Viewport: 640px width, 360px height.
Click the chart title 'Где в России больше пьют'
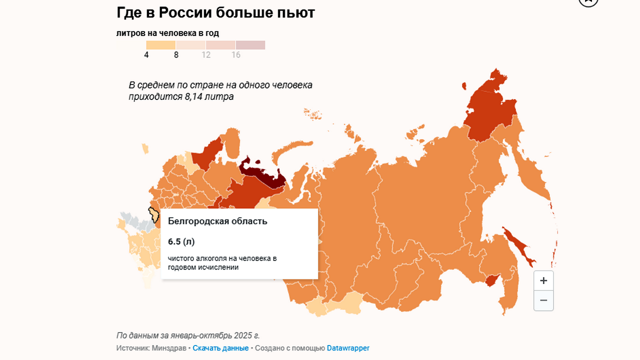215,12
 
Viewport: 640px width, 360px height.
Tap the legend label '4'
146,55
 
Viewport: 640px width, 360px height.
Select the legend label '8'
176,55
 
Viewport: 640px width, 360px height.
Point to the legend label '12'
206,55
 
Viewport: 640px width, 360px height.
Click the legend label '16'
236,55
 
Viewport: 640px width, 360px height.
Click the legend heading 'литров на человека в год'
167,33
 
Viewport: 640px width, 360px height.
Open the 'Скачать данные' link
220,348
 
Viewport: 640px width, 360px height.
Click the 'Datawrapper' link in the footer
348,348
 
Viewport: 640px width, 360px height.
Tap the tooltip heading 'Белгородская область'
217,221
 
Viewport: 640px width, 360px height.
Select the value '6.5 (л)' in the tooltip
181,242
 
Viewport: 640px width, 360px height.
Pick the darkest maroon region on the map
262,174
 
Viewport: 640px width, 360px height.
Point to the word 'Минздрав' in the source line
171,348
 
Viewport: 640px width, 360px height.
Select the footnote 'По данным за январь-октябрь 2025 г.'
188,335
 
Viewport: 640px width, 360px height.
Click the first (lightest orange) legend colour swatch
161,45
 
